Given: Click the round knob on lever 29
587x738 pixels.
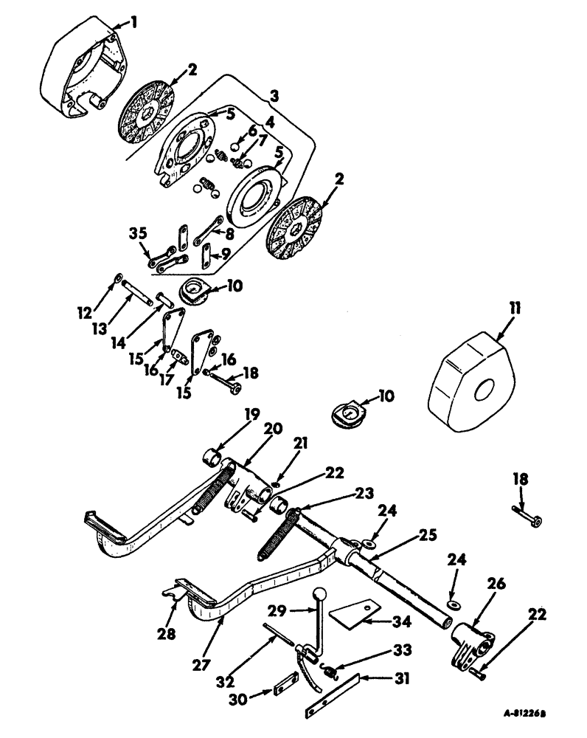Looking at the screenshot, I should click(x=319, y=595).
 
